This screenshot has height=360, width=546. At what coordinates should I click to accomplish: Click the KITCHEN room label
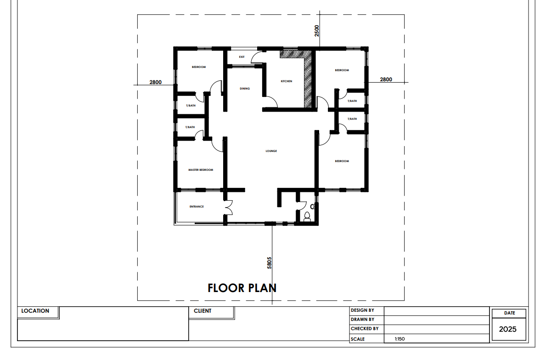tap(287, 81)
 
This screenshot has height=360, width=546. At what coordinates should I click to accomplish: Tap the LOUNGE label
tap(271, 151)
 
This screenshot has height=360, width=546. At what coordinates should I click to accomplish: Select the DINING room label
tap(245, 89)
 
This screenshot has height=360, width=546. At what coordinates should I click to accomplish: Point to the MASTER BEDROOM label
tap(201, 170)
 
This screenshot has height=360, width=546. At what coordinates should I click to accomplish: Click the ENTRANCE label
tap(197, 207)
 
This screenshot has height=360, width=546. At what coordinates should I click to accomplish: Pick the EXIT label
tap(242, 57)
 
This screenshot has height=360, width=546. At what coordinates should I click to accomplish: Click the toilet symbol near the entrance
tap(307, 217)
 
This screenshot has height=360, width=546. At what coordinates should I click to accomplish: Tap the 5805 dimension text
tap(269, 263)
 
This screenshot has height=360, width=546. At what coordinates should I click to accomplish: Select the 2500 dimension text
tap(316, 31)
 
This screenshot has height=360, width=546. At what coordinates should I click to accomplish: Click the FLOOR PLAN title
tap(242, 288)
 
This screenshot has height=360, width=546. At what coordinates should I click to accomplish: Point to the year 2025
tap(508, 329)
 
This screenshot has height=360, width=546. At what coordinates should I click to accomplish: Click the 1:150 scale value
tap(400, 339)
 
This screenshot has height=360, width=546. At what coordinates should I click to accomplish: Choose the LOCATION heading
tap(35, 310)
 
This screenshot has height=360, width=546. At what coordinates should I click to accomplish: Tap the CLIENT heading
tap(203, 310)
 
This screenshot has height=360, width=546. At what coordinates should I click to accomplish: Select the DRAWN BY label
tap(362, 319)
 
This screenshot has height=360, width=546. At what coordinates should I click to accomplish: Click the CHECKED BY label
tap(365, 328)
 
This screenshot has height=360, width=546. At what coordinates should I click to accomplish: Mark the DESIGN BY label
tap(362, 310)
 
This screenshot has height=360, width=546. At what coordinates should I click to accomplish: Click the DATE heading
tap(509, 313)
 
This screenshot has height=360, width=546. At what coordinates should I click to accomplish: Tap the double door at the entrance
tap(229, 208)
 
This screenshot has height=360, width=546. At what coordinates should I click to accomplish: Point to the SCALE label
tap(358, 339)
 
